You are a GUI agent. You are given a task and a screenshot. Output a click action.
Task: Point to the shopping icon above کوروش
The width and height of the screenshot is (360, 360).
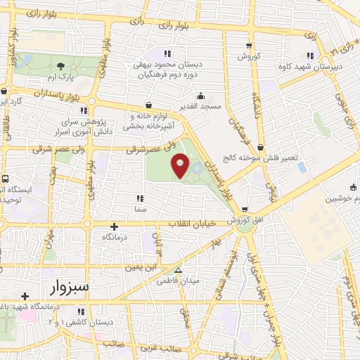(248, 46)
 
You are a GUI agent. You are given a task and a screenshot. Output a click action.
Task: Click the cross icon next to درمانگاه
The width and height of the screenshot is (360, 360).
(115, 226)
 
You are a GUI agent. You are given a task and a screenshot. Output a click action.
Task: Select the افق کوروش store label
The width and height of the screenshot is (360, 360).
(244, 220)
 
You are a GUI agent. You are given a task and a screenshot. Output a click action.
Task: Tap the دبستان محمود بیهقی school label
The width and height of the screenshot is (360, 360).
(167, 68)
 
